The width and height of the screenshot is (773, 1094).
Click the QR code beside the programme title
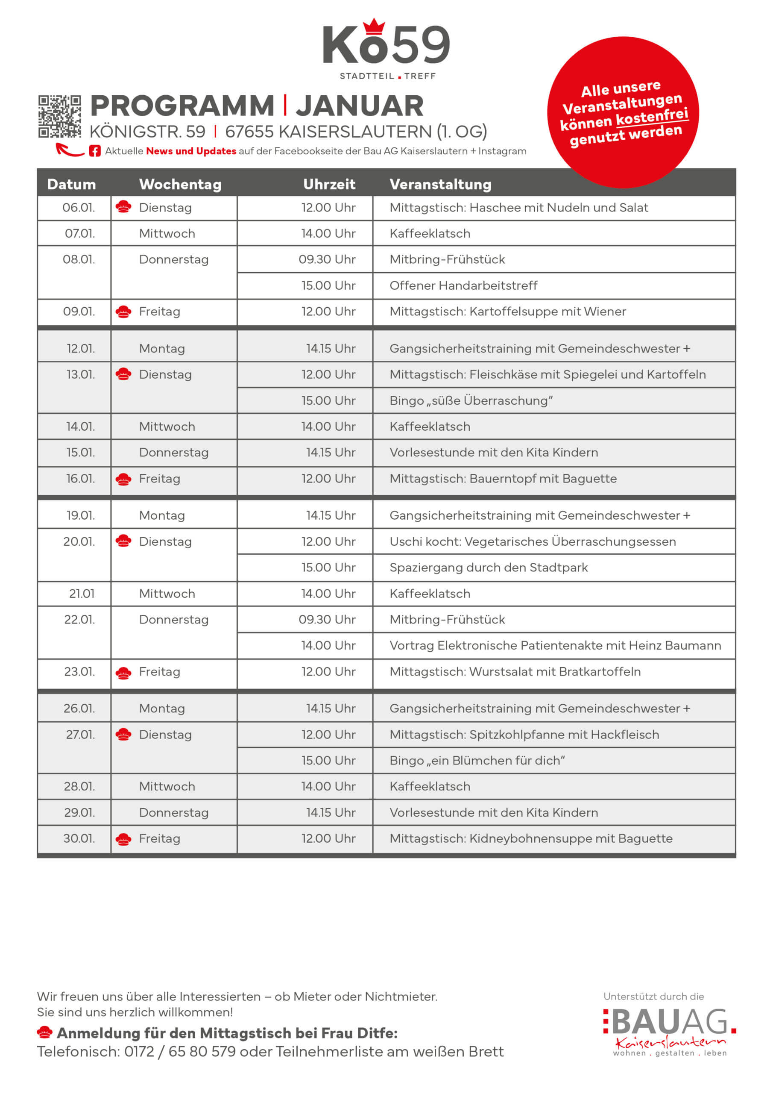(59, 117)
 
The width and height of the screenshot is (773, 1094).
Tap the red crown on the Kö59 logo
(374, 26)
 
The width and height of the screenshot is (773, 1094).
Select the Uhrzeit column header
(329, 184)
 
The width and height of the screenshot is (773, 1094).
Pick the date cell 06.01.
(79, 208)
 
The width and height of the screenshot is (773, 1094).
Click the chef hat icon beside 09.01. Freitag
(123, 312)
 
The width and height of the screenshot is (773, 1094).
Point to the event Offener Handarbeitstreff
(463, 285)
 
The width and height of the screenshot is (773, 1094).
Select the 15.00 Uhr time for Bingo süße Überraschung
(328, 400)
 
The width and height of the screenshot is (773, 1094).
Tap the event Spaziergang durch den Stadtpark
(488, 568)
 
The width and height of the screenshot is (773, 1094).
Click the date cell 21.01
(82, 594)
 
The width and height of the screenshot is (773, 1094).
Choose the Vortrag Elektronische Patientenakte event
(555, 646)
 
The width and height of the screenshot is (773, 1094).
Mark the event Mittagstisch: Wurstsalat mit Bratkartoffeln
(515, 672)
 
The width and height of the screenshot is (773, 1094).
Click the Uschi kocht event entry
(533, 542)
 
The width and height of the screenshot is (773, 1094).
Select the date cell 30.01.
(79, 838)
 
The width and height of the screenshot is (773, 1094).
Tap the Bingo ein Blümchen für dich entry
(477, 761)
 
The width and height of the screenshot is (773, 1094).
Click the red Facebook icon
(95, 151)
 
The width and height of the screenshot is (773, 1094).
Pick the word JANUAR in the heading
(360, 106)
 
